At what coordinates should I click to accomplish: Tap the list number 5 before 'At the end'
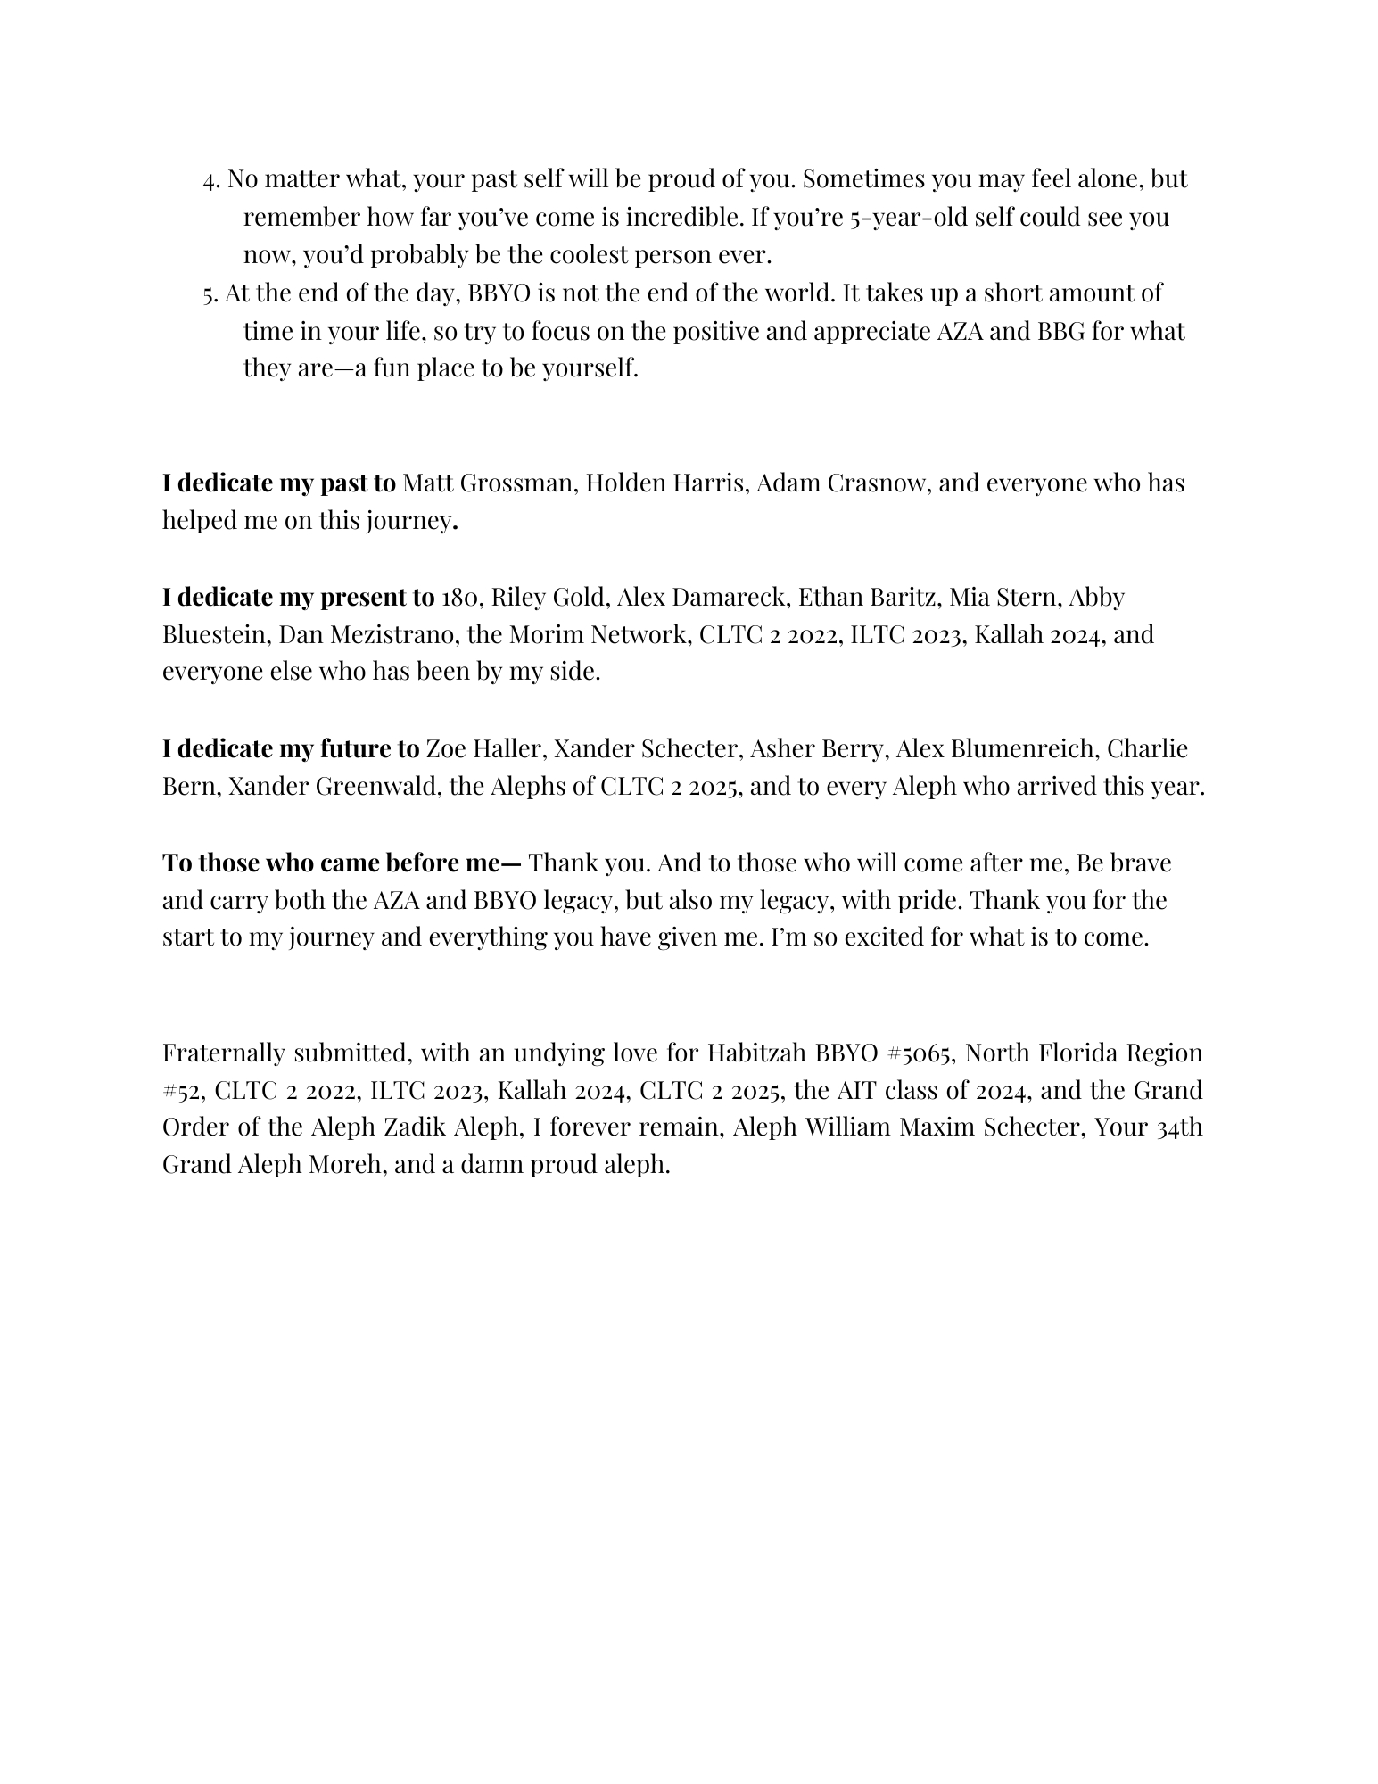tap(210, 294)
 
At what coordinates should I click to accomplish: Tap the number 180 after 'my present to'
tap(460, 597)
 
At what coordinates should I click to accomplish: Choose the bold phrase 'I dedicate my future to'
tap(291, 748)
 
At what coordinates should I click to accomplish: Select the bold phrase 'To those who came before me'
tap(342, 863)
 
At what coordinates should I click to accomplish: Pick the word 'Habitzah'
tap(757, 1053)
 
